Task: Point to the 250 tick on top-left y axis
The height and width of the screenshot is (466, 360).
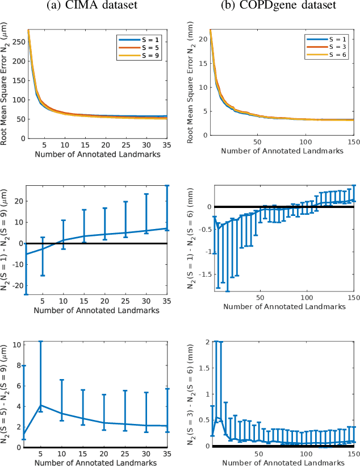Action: point(15,41)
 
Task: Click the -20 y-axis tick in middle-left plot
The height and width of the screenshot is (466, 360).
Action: point(15,286)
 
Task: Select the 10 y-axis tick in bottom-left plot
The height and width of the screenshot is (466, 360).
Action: point(17,344)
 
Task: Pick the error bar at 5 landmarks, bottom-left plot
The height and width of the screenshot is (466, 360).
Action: point(40,375)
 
